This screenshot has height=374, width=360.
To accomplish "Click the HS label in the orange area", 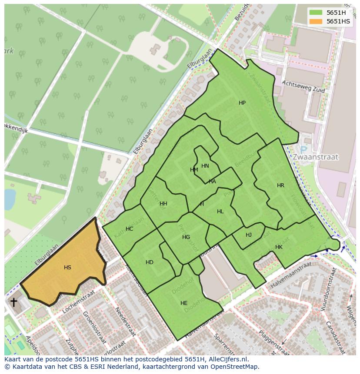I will point(67,268).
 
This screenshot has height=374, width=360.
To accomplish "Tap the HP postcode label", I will point(242,103).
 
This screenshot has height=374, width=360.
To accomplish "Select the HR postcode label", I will point(280,185).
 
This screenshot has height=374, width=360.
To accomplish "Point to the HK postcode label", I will point(279,247).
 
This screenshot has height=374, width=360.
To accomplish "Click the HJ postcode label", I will point(249,235).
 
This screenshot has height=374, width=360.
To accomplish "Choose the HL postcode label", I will point(220,212).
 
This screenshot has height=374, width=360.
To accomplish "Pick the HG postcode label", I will point(186,237).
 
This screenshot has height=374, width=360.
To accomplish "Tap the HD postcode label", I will point(150,262).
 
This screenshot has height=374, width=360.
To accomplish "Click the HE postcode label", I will point(184,303).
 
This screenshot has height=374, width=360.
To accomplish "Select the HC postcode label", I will point(129,229).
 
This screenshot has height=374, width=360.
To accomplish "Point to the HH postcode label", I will point(163,204).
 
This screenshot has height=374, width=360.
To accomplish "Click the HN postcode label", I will point(205,166).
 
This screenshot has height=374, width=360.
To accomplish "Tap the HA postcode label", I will point(212,182).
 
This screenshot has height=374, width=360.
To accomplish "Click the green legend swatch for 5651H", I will point(316,12).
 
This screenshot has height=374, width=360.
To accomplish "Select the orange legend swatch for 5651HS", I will point(316,21).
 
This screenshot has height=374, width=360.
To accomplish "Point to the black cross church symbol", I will point(14,302).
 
